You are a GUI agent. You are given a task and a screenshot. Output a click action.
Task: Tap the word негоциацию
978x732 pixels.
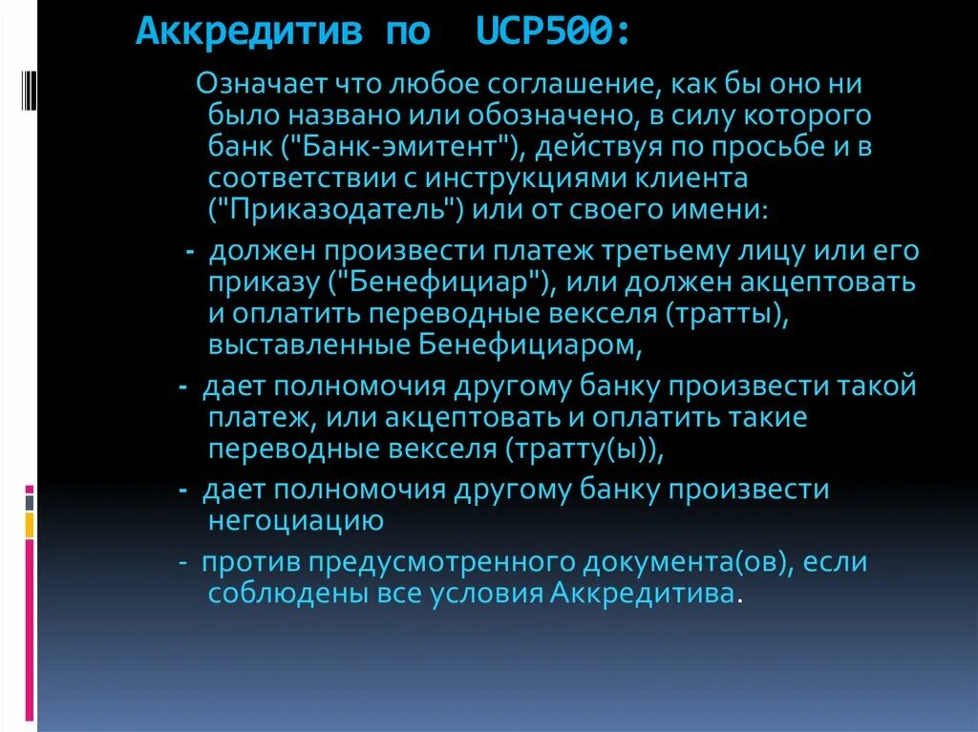pos(295,521)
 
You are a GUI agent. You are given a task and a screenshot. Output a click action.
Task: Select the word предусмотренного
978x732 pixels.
pos(415,562)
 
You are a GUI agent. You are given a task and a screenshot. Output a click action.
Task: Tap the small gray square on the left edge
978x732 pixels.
pos(30,501)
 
